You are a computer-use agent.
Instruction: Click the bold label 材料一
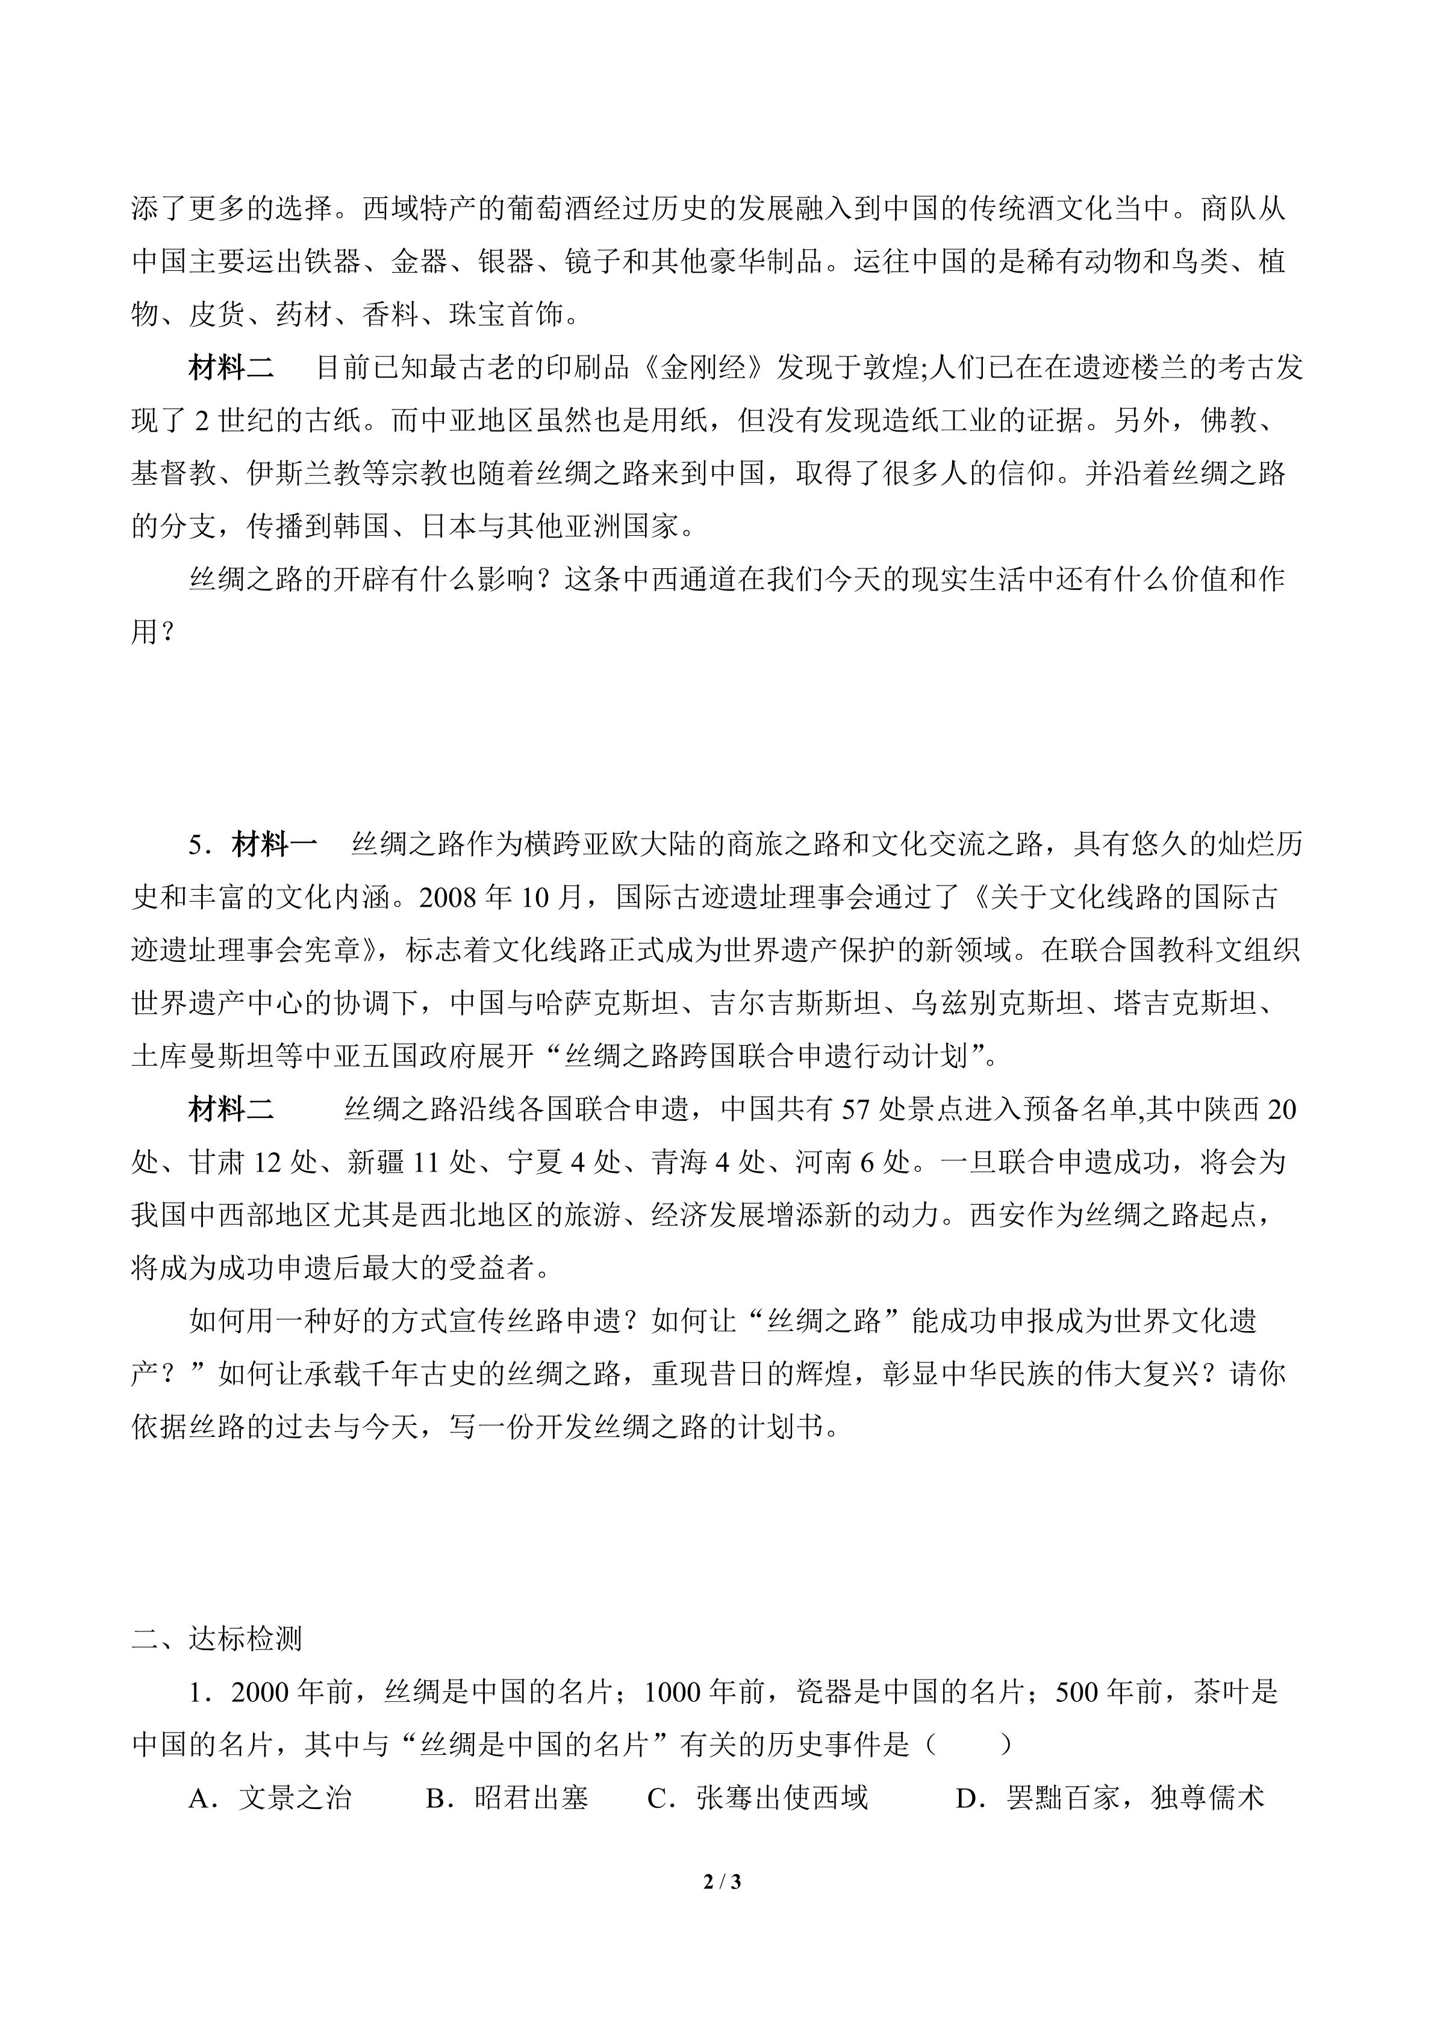[x=275, y=845]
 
